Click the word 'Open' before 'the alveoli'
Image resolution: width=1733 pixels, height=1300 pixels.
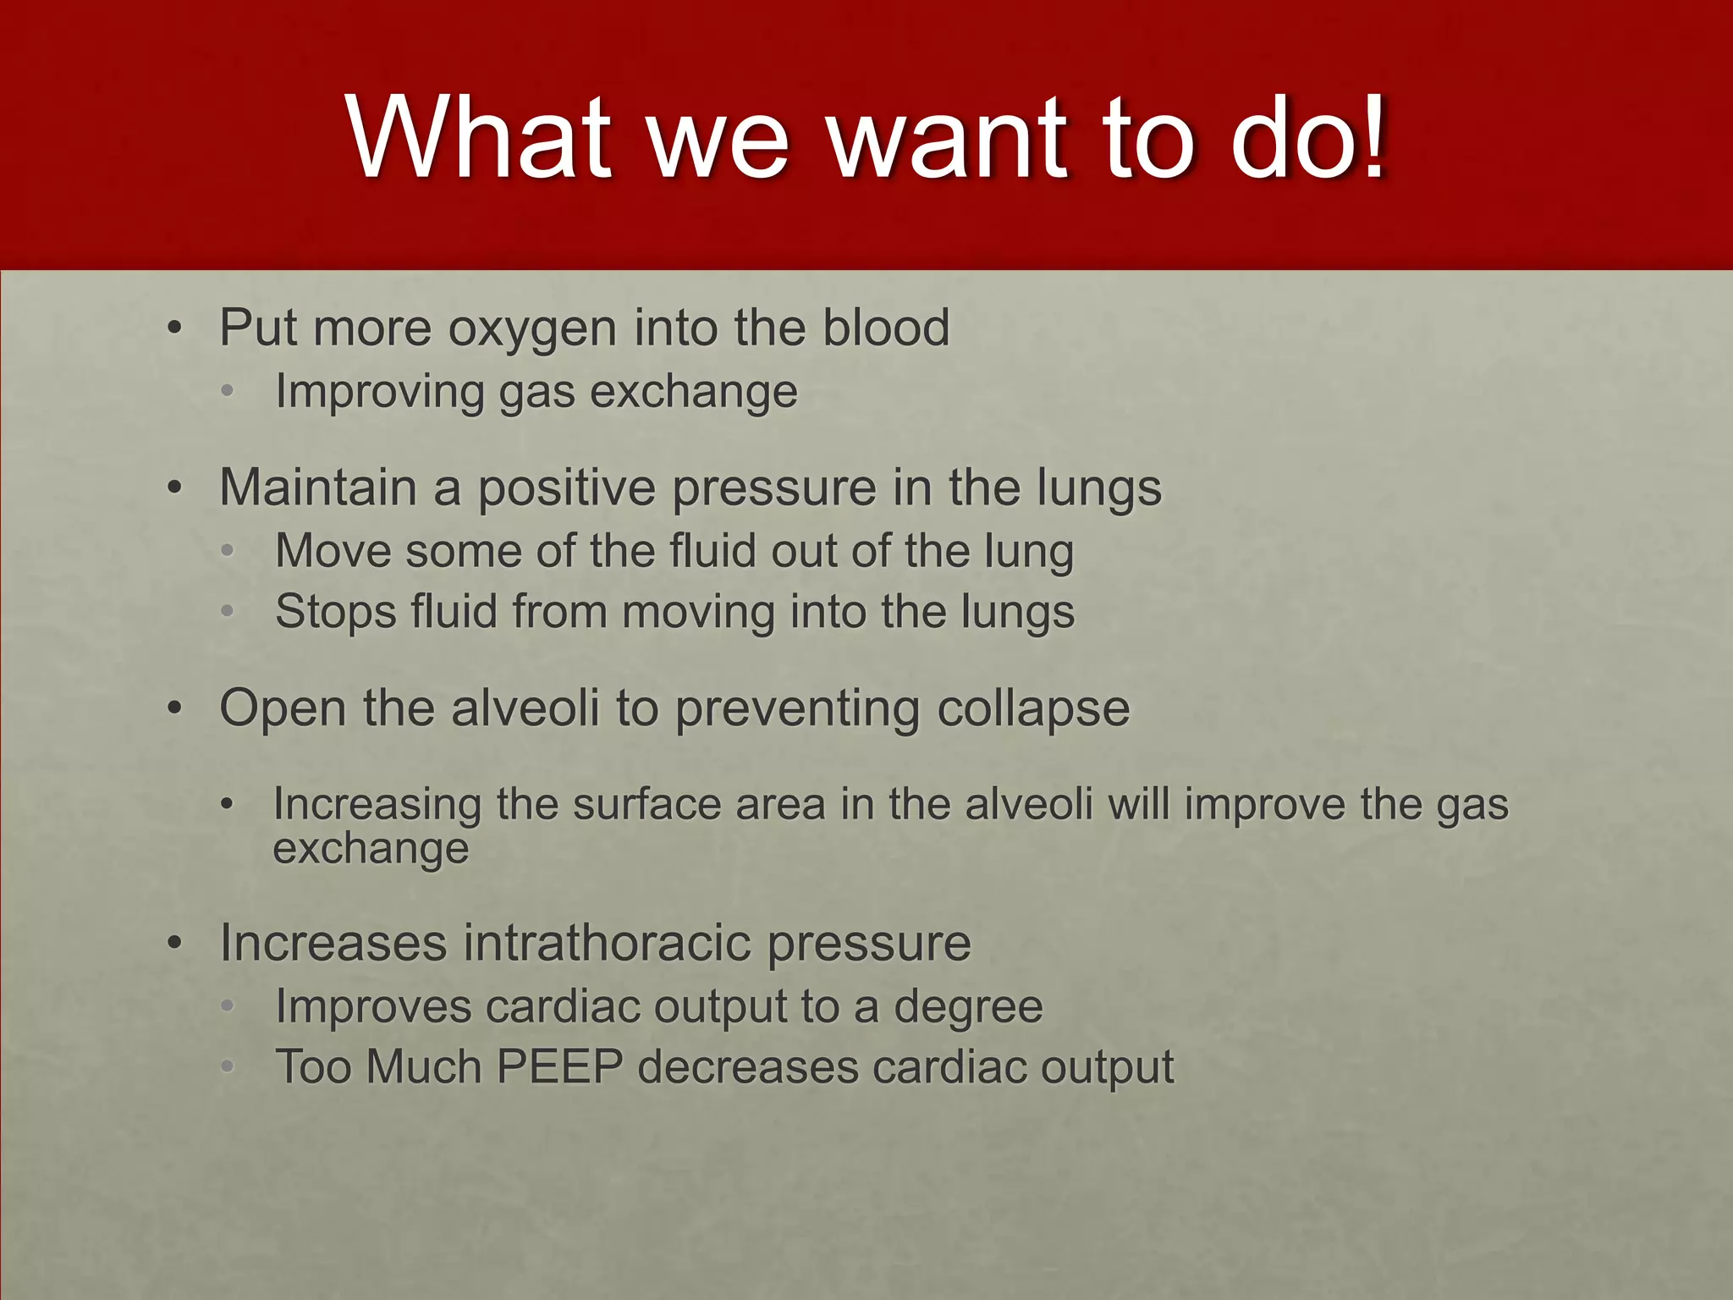point(283,709)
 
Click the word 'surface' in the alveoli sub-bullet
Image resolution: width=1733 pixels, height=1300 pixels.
point(646,804)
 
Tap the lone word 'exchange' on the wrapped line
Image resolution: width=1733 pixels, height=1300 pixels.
point(371,848)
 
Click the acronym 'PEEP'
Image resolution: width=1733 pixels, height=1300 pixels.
point(559,1066)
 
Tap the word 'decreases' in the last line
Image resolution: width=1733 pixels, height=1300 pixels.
point(747,1066)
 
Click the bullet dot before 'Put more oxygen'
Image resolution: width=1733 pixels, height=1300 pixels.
point(174,328)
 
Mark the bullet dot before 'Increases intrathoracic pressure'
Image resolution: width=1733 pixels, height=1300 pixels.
point(174,944)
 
